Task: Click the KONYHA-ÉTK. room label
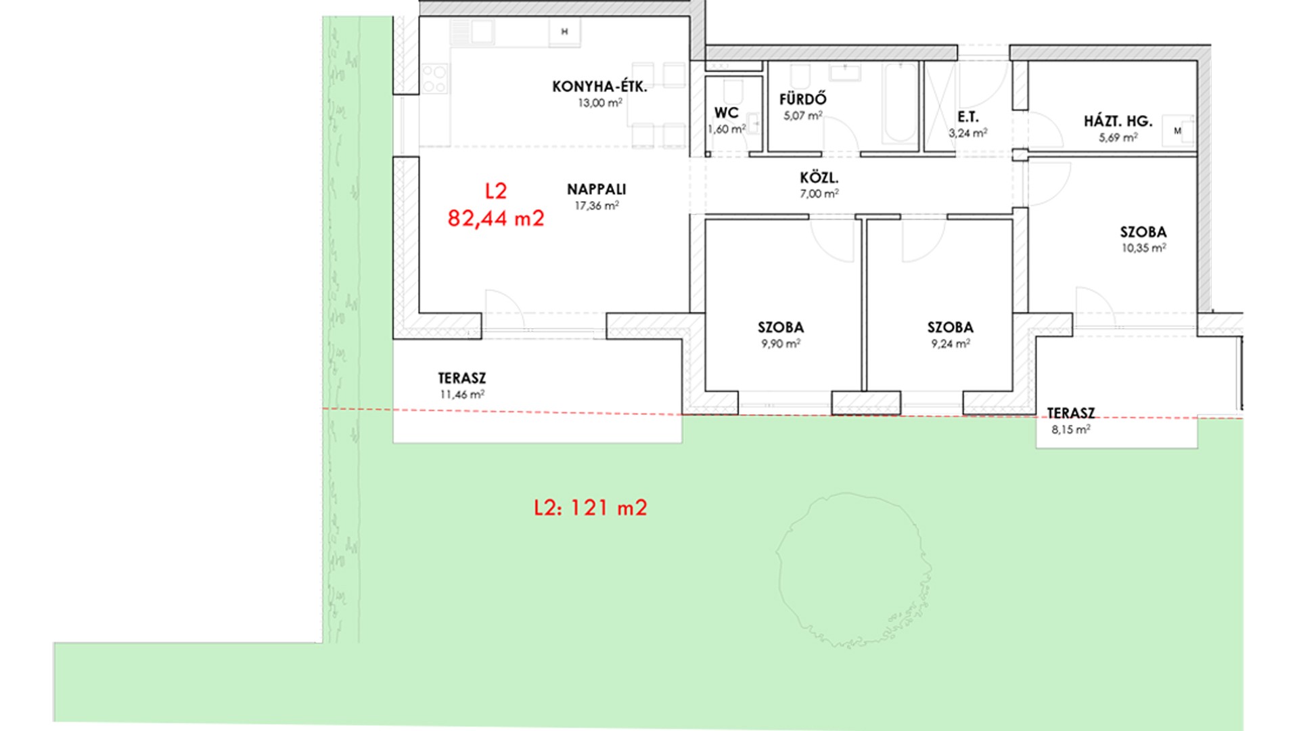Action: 599,87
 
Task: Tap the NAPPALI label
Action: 597,190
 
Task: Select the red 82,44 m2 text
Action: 496,219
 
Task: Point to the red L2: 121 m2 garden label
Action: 591,508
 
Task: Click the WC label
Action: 727,113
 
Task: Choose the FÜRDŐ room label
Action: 803,99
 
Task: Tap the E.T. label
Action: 968,117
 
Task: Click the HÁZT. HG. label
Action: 1118,121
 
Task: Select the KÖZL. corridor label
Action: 819,178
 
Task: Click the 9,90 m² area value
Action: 781,344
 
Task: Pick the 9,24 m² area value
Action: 951,344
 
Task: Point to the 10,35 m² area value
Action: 1143,248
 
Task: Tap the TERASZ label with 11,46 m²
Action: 462,378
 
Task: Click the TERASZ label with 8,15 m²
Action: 1071,413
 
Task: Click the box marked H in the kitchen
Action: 564,32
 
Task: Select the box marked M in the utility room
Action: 1178,131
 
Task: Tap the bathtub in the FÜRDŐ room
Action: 901,102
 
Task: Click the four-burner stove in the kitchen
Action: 434,79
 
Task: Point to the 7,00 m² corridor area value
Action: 819,194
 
